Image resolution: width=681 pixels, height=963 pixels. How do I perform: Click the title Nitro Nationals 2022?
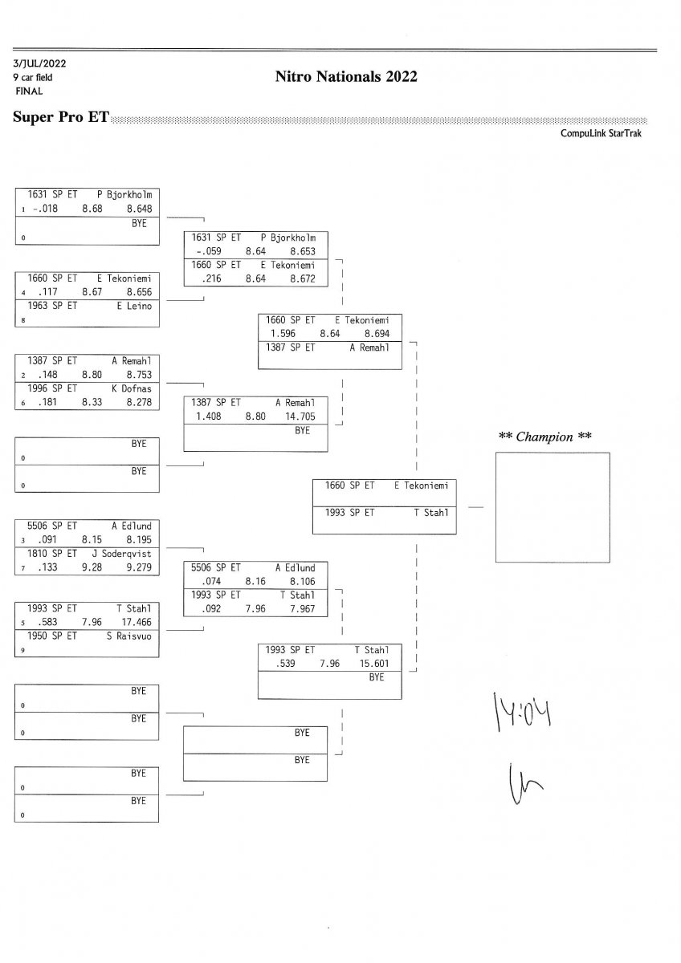coord(345,77)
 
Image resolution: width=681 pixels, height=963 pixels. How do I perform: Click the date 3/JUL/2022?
coord(38,63)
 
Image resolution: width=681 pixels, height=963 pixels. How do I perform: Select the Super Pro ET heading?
coord(61,117)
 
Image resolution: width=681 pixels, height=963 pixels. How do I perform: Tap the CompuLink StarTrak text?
coord(601,133)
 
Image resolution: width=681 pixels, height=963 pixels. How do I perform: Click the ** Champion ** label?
coord(545,437)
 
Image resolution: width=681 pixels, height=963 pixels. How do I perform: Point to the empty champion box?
coord(552,506)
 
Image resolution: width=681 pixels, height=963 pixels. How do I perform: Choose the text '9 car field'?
coord(33,78)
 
